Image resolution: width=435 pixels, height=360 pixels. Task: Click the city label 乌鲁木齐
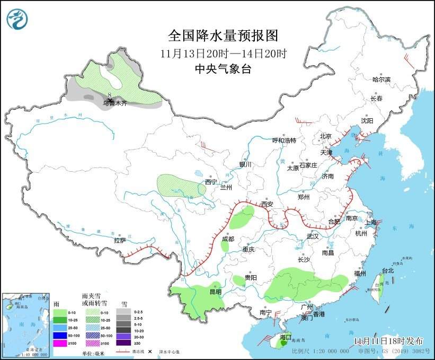pos(115,103)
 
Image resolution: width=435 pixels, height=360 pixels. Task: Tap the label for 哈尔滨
pos(381,80)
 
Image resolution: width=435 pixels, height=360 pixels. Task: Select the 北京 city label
pos(325,136)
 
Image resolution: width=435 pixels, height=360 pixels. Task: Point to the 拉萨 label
pos(120,240)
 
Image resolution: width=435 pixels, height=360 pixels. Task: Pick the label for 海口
pos(285,337)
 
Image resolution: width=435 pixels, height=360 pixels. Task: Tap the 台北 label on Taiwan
pos(388,270)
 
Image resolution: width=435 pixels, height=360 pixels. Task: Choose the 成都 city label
pos(228,239)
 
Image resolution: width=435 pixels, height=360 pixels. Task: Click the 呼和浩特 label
pos(284,140)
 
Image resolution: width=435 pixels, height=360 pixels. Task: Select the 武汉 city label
pos(313,236)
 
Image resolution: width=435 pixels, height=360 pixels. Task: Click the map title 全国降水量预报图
pos(223,36)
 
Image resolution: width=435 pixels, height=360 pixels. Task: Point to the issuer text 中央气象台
pos(223,68)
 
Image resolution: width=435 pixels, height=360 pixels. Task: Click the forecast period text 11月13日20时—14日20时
pos(223,53)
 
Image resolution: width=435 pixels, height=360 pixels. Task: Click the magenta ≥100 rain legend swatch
pos(60,344)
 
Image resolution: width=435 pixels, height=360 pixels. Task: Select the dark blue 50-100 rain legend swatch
pos(60,336)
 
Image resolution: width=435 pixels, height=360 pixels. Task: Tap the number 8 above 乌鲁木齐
pos(110,95)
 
